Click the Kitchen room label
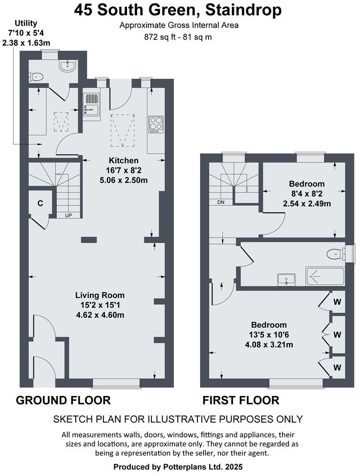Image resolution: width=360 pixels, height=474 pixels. [124, 160]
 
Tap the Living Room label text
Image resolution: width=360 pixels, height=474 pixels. [100, 295]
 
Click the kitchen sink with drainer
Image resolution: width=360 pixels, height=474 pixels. [91, 105]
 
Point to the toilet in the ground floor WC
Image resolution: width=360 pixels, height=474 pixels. [36, 77]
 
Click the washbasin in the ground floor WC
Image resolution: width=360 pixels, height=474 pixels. [67, 66]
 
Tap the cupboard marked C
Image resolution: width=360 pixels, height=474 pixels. [40, 204]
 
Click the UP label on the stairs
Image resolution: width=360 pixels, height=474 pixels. [69, 215]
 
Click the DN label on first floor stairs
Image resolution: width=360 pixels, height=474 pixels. [221, 202]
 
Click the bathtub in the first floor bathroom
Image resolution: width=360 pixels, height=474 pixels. [325, 277]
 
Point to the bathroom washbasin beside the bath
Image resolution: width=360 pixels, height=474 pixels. [286, 279]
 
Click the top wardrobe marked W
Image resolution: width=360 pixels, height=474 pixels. [337, 302]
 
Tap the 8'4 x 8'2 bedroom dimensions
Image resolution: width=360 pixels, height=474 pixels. [307, 194]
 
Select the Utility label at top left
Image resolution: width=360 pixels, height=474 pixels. [26, 23]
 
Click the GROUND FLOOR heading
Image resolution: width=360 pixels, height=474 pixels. [63, 400]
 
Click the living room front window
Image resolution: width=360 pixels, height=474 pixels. [116, 382]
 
